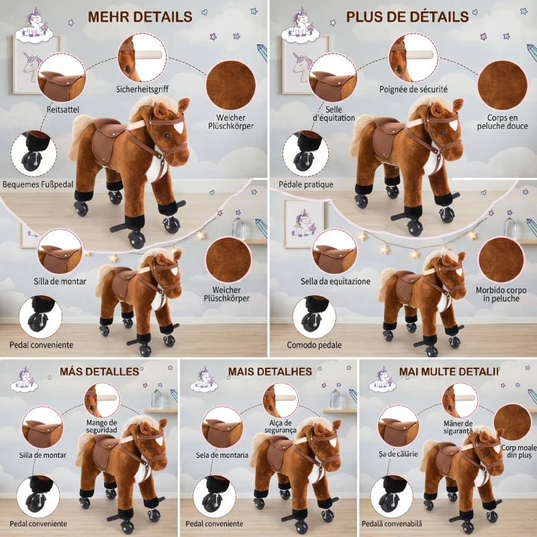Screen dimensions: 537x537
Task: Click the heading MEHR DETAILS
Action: tap(140, 17)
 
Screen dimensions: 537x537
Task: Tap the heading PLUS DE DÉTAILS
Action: tap(407, 17)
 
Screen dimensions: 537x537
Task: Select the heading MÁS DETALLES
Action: tap(99, 372)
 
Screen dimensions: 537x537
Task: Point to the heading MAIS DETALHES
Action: tap(271, 372)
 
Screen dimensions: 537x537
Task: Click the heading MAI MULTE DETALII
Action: tap(449, 372)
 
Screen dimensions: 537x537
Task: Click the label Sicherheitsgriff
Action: tap(142, 89)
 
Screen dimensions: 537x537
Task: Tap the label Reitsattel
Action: tap(62, 109)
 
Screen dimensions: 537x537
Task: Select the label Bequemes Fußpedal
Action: tap(38, 185)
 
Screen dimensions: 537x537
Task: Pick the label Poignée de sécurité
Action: tap(413, 89)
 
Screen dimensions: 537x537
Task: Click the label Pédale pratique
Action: tap(306, 185)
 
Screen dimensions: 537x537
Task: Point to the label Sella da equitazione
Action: tap(335, 281)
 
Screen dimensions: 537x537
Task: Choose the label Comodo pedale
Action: tap(314, 345)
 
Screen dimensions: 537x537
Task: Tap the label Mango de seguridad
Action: tap(102, 426)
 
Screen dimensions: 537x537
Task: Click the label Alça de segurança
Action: tap(281, 427)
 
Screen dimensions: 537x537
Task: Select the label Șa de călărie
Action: tap(398, 454)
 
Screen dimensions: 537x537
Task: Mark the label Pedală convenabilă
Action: tap(392, 524)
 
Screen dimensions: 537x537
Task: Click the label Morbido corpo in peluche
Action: tap(501, 295)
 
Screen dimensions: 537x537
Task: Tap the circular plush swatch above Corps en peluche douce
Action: tap(502, 85)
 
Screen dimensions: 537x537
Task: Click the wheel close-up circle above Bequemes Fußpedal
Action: tap(34, 154)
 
